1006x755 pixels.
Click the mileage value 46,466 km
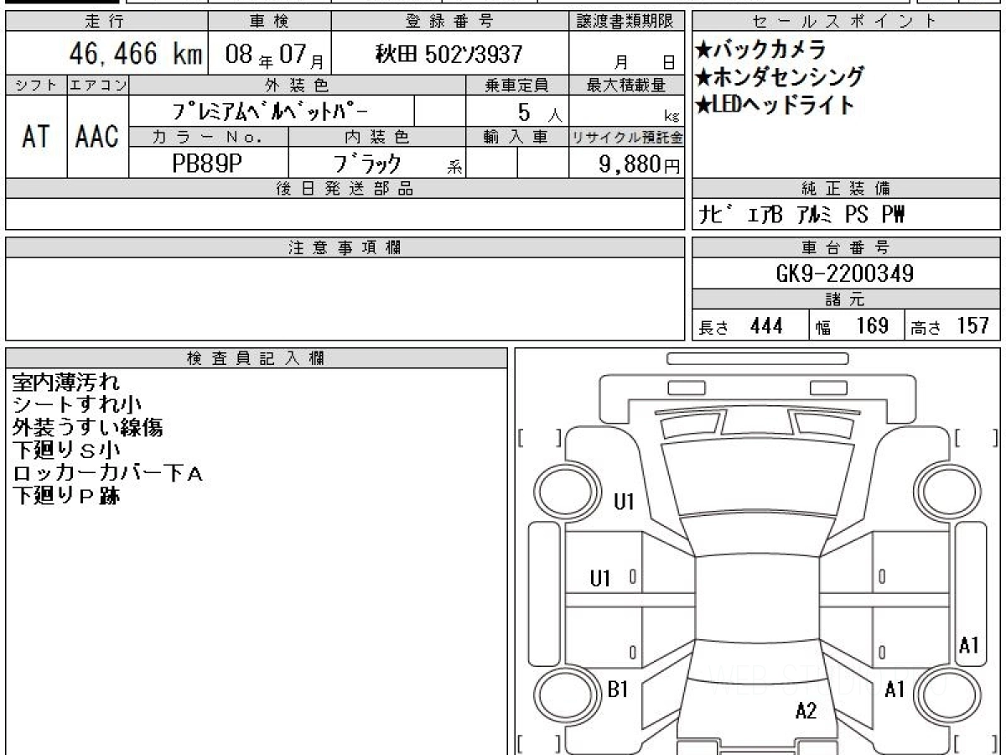pyautogui.click(x=136, y=54)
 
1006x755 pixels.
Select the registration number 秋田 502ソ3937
pyautogui.click(x=449, y=54)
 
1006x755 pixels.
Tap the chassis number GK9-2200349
pyautogui.click(x=845, y=273)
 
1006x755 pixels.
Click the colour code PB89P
pyautogui.click(x=207, y=163)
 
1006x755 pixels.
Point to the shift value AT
pyautogui.click(x=36, y=136)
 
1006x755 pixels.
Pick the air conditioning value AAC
pyautogui.click(x=97, y=136)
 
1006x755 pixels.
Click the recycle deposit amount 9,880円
pyautogui.click(x=640, y=164)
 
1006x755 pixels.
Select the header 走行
pyautogui.click(x=105, y=21)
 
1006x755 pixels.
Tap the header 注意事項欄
pyautogui.click(x=345, y=247)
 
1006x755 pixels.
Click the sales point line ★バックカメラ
pyautogui.click(x=760, y=49)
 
